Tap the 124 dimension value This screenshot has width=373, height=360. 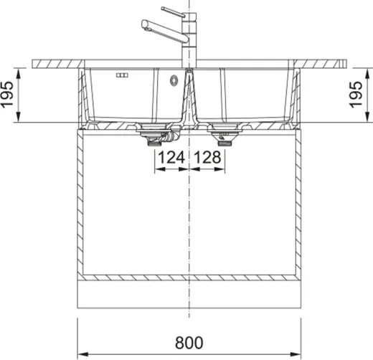click(171, 157)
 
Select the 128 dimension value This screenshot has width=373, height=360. click(205, 157)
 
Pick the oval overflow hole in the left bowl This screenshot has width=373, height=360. click(173, 81)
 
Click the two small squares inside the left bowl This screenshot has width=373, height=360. click(120, 75)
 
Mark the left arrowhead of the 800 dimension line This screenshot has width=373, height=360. click(80, 354)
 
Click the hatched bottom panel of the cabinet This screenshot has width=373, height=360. click(189, 277)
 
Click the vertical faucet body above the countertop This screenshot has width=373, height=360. click(189, 43)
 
